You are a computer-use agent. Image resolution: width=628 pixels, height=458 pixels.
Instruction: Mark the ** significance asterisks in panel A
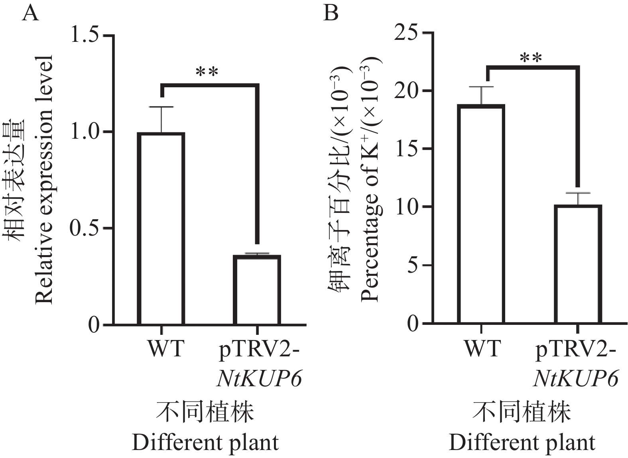click(207, 73)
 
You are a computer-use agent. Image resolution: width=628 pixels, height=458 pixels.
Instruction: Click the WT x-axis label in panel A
click(166, 348)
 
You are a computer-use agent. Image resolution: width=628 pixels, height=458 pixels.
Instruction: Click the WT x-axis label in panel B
click(482, 348)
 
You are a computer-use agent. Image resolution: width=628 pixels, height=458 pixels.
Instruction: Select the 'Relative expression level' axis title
click(44, 179)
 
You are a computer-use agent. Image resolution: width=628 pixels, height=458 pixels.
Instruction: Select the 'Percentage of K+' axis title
click(370, 179)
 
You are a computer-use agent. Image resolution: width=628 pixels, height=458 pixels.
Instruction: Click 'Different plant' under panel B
click(522, 443)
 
